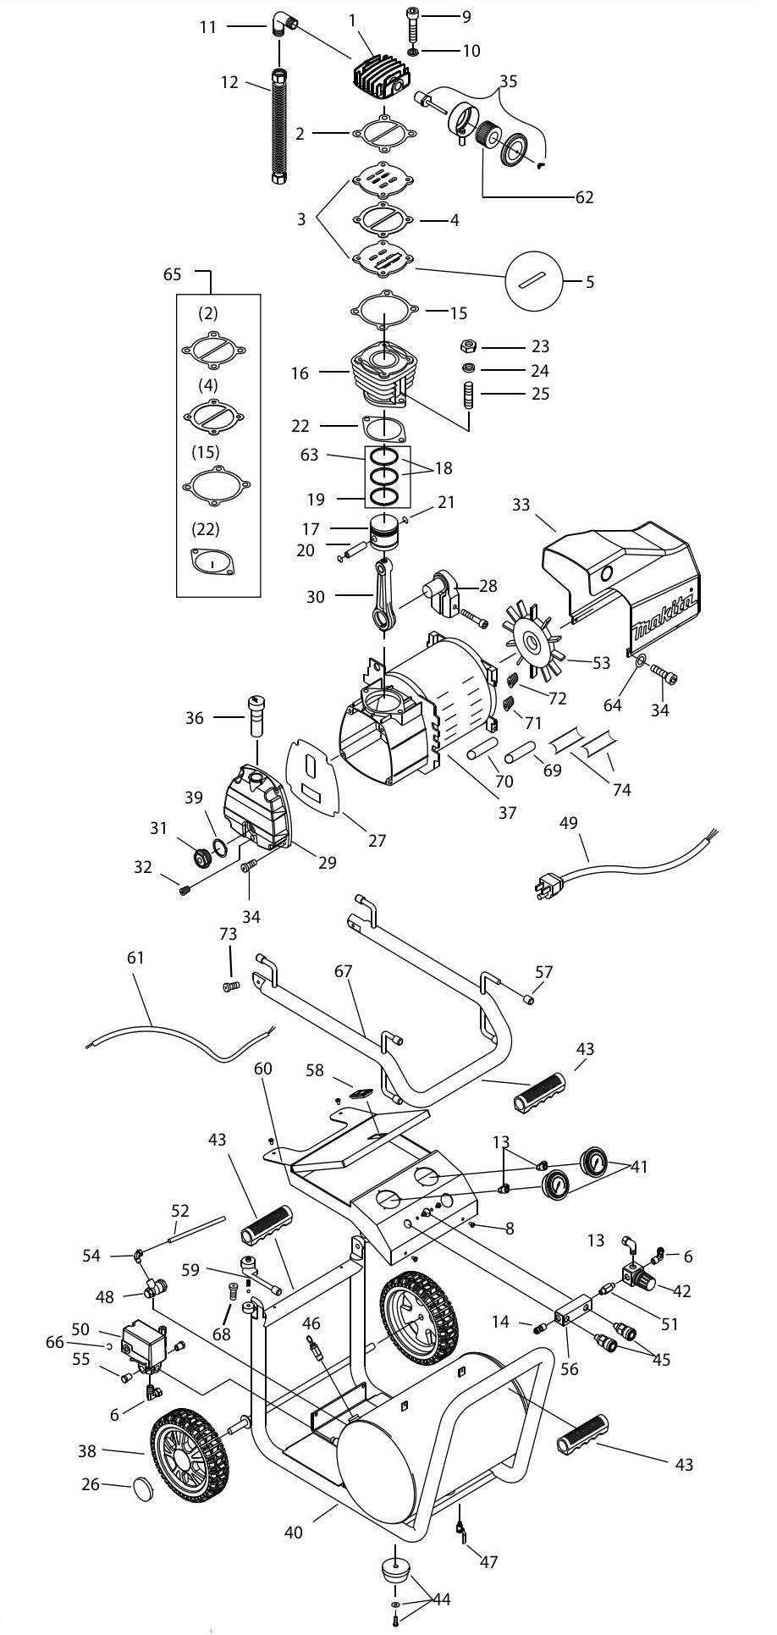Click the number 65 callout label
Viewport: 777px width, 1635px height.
coord(172,274)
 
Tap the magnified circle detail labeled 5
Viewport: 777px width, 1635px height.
coord(534,280)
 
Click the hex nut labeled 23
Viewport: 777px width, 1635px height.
coord(466,346)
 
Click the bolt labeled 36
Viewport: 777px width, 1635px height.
coord(256,716)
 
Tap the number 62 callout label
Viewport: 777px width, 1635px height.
coord(584,197)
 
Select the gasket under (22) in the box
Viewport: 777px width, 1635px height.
coord(212,561)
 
